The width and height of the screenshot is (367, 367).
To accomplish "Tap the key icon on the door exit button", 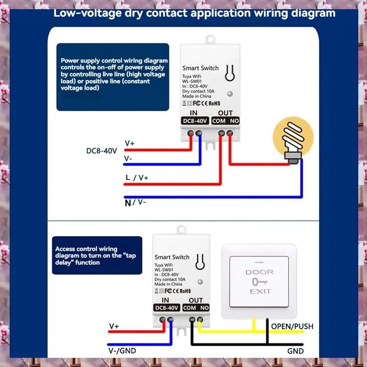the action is [259, 281].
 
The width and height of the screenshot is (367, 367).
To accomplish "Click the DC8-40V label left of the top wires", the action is [102, 150].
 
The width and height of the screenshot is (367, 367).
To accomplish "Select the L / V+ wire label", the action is [136, 177].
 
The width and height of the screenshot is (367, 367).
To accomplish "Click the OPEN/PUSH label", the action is [292, 327].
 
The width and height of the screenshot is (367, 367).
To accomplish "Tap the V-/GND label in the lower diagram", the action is [122, 351].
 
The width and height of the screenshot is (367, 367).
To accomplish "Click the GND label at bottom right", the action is [295, 351].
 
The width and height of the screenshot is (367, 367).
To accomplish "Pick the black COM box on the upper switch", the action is [219, 121].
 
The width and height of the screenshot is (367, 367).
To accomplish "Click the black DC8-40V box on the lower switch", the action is [166, 308].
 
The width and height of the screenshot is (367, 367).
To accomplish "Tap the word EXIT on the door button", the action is [260, 291].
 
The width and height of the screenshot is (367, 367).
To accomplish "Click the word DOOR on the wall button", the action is [259, 272].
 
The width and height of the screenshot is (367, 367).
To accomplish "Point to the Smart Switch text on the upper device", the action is [200, 68].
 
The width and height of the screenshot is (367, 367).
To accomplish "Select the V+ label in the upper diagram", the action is [129, 143].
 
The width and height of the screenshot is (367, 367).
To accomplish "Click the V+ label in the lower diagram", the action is [114, 326].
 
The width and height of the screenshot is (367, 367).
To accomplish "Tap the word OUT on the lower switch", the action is [196, 300].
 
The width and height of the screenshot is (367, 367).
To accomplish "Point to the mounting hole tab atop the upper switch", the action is [211, 39].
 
